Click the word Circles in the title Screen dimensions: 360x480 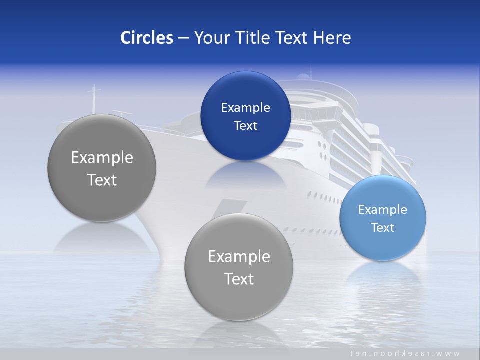point(146,38)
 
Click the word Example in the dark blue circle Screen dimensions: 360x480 point(245,108)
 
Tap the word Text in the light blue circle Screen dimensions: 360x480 point(383,228)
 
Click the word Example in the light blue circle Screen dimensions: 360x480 point(382,210)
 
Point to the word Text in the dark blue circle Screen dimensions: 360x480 point(245,126)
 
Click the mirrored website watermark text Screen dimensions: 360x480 point(405,353)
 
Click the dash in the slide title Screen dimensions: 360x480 point(183,38)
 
